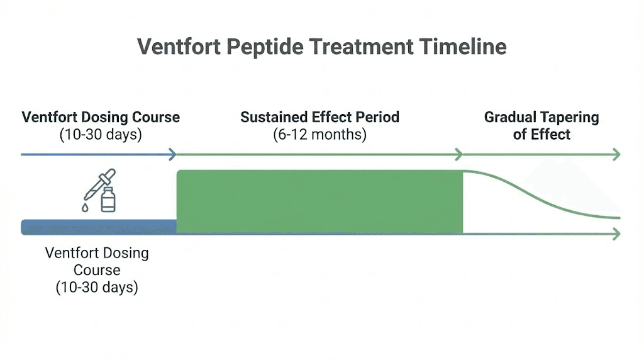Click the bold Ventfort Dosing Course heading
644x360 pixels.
coord(101,117)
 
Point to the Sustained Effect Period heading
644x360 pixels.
coord(319,117)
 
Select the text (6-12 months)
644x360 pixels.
coord(319,134)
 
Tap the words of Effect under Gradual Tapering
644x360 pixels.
coord(541,134)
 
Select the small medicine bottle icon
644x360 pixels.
coord(108,200)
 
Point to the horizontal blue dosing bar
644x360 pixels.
coord(99,227)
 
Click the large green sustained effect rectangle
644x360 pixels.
coord(319,201)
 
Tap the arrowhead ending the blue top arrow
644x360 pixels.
coord(172,154)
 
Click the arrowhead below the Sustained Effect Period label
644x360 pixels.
coord(459,154)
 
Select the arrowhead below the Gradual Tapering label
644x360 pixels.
coord(616,154)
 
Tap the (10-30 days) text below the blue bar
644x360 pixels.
coord(97,288)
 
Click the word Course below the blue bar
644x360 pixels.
coord(97,271)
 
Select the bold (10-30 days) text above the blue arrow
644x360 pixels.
coord(101,134)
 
